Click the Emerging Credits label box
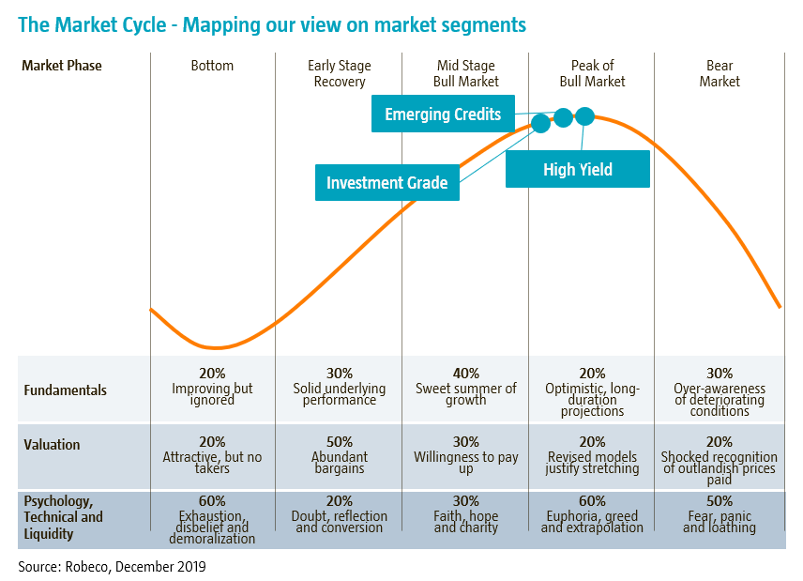coord(444,115)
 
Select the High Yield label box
coord(577,169)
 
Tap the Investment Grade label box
coord(386,183)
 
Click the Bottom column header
coord(212,66)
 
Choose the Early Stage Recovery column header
coord(339,73)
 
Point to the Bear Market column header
coord(720,73)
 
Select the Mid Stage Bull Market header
coord(466,73)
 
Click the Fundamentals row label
coord(65,390)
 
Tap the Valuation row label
coord(52,445)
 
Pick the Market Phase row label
coord(62,66)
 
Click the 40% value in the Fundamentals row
coord(465,374)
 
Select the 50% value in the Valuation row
coord(339,442)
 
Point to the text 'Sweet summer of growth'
coord(465,394)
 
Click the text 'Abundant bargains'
coord(339,463)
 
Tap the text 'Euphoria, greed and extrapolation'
coord(592,522)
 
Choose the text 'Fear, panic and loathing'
coord(720,522)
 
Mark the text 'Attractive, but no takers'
coord(212,463)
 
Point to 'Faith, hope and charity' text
coord(465,522)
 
